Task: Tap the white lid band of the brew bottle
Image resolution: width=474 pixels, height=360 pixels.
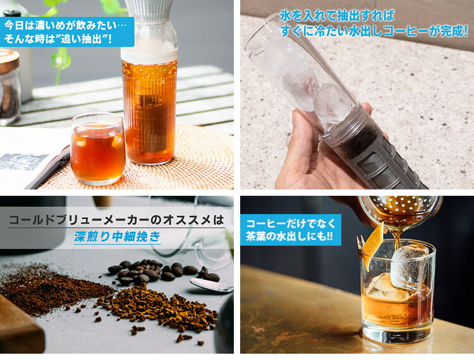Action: pyautogui.click(x=149, y=53)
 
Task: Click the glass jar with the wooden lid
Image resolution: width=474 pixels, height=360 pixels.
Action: pyautogui.click(x=9, y=88)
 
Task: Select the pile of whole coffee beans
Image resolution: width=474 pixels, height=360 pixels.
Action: pyautogui.click(x=163, y=271)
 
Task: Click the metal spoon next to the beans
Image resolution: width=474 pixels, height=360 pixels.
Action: pyautogui.click(x=212, y=285)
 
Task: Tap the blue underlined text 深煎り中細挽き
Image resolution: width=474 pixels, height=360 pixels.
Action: pyautogui.click(x=118, y=237)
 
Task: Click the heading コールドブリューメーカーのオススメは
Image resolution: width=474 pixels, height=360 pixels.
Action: pyautogui.click(x=117, y=220)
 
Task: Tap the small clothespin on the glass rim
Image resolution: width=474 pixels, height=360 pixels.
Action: pyautogui.click(x=360, y=247)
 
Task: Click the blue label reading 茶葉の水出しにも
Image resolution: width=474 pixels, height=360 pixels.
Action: pyautogui.click(x=291, y=230)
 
